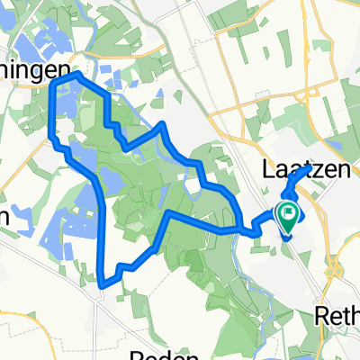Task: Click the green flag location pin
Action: (289, 216)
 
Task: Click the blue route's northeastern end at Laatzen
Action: (310, 167)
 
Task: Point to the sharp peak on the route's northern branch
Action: (162, 123)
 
